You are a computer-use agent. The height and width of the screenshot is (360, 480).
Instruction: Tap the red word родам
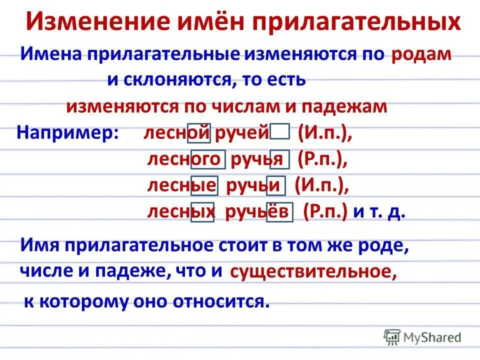pyautogui.click(x=421, y=54)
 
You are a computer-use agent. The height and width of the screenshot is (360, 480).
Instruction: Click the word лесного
pyautogui.click(x=185, y=159)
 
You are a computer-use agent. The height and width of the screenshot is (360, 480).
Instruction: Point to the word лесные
pyautogui.click(x=182, y=185)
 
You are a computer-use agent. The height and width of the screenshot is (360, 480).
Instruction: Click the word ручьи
pyautogui.click(x=255, y=185)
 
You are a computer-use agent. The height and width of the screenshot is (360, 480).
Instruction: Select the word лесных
pyautogui.click(x=180, y=212)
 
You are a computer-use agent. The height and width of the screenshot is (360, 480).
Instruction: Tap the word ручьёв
pyautogui.click(x=258, y=212)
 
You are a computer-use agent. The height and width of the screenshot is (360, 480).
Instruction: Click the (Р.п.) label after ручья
pyautogui.click(x=322, y=159)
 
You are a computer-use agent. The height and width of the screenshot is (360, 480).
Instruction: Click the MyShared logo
pyautogui.click(x=423, y=336)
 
